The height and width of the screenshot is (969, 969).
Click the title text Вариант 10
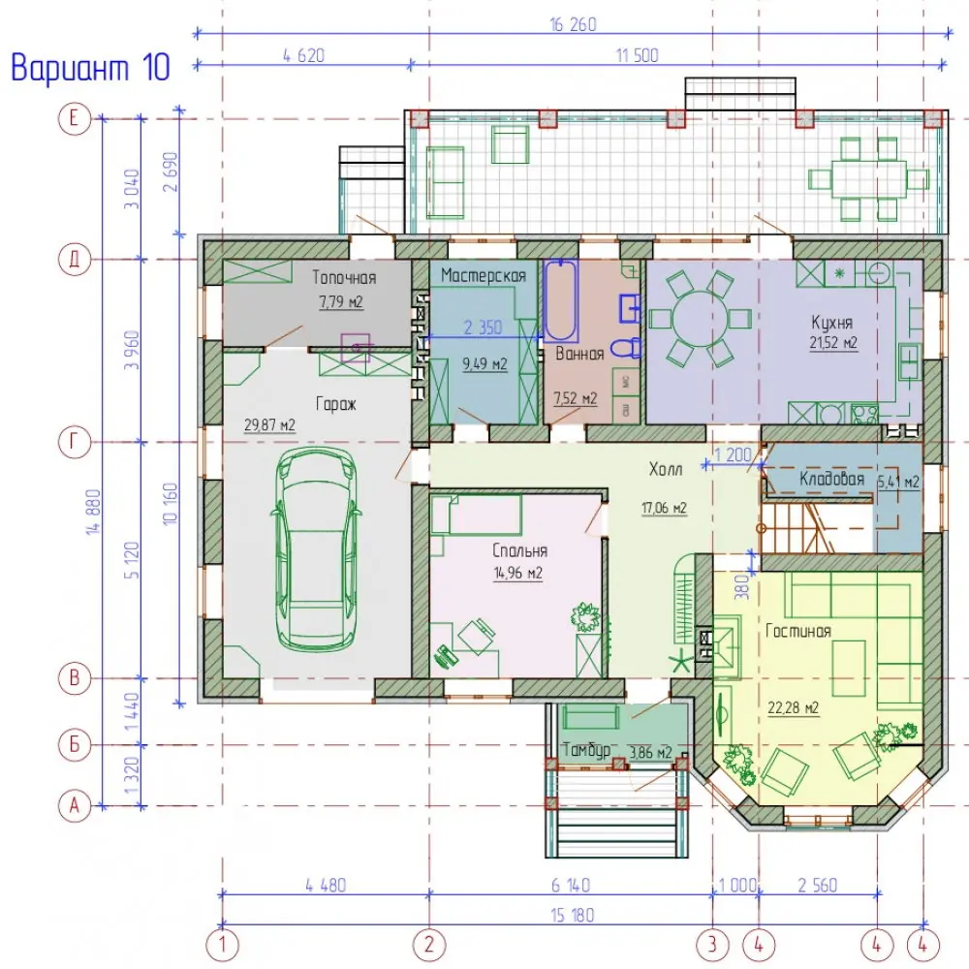tap(90, 68)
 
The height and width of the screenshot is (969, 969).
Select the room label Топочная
tap(344, 277)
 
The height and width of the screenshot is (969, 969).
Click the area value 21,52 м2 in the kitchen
tap(833, 343)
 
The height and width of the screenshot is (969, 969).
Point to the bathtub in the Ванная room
tap(560, 300)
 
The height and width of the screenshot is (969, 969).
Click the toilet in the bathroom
tap(627, 349)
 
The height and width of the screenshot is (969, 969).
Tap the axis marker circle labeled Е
tap(75, 118)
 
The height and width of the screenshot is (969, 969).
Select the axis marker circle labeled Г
tap(75, 443)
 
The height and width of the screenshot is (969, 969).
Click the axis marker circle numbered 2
tap(429, 945)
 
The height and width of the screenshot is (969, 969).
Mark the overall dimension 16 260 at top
tap(573, 25)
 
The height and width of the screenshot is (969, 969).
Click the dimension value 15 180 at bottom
tap(573, 916)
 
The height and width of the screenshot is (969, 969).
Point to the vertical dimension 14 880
tap(93, 512)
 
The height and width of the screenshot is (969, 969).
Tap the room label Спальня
tap(519, 550)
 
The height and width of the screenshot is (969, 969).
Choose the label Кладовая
tap(831, 479)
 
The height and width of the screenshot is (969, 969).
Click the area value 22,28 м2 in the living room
tap(794, 708)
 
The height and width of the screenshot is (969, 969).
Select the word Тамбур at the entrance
tap(586, 750)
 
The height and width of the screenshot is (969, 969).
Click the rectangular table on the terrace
tap(868, 179)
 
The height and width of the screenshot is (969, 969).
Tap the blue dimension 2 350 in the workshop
tap(483, 328)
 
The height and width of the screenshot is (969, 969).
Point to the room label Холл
tap(666, 470)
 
